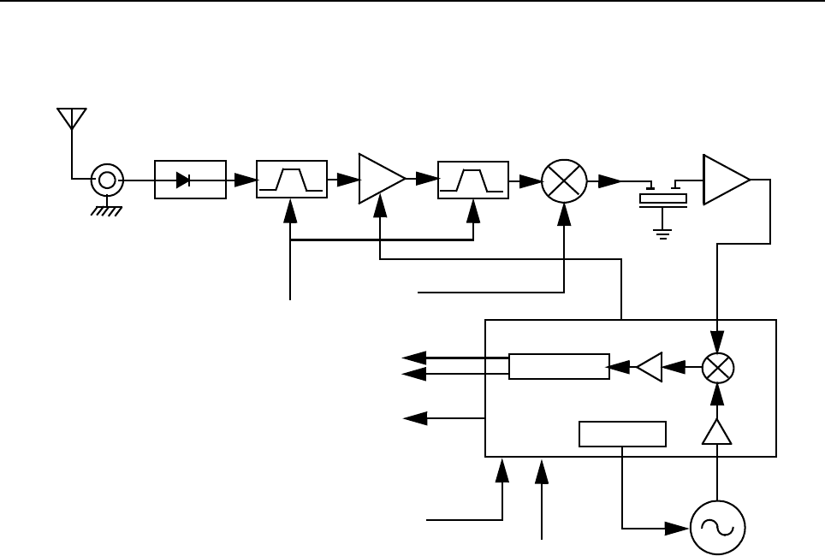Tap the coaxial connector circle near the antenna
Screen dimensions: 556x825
(x=107, y=180)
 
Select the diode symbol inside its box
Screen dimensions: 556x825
(x=182, y=180)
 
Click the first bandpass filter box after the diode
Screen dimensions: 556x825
(x=292, y=180)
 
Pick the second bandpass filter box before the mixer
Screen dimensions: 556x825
(x=472, y=180)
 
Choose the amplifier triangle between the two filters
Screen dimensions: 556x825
(x=380, y=180)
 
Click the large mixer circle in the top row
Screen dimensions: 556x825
(x=564, y=180)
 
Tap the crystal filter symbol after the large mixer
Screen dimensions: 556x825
(x=663, y=196)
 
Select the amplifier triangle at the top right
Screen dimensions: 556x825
(x=724, y=180)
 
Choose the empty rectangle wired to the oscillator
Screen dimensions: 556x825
(x=622, y=434)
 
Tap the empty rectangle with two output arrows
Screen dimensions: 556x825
(x=559, y=366)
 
